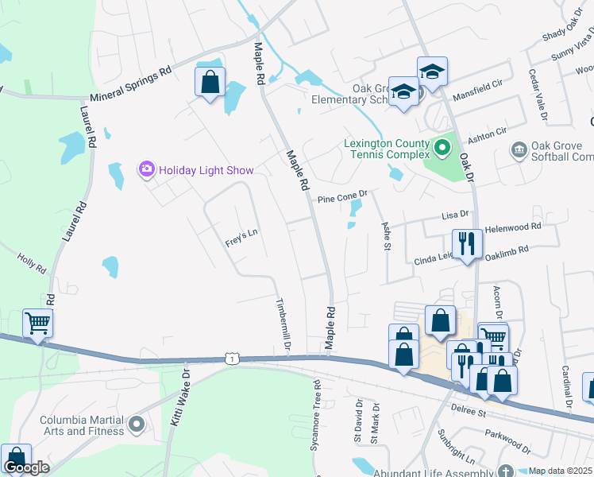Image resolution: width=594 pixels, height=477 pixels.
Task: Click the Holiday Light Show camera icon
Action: [147, 169]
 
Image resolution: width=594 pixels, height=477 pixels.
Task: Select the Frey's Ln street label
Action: [242, 238]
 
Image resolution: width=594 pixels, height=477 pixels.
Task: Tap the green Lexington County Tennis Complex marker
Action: [442, 148]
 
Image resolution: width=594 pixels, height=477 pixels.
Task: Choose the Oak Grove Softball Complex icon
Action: [519, 149]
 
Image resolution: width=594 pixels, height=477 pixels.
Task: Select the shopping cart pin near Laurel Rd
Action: [37, 324]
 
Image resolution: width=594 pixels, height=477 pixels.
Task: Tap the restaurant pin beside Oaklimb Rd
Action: [466, 244]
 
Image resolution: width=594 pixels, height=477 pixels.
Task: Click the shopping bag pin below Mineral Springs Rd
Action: [210, 82]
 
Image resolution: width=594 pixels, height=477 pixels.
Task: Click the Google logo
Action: [26, 467]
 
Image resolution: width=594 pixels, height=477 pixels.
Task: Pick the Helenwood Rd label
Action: [512, 227]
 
